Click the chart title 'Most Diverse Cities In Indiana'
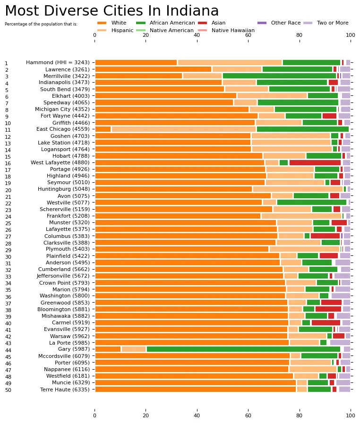coord(105,11)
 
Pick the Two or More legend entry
coord(332,23)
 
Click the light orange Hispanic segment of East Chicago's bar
coord(184,129)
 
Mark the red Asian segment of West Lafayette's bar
coord(315,163)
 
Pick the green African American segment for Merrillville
coord(279,76)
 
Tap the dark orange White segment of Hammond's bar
coord(136,62)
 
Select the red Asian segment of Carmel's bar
coord(326,322)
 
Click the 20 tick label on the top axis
coord(146,35)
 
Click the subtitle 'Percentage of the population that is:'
coord(41,24)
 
